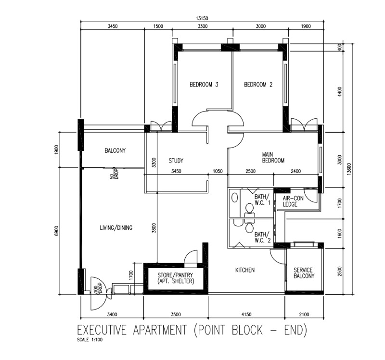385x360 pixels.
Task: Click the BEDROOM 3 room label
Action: pyautogui.click(x=204, y=85)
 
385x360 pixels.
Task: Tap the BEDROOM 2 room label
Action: pyautogui.click(x=258, y=85)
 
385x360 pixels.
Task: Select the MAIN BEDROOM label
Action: pyautogui.click(x=273, y=158)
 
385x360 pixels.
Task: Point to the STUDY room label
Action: pyautogui.click(x=176, y=161)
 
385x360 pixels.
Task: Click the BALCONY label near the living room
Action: pyautogui.click(x=115, y=150)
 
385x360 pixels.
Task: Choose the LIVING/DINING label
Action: pyautogui.click(x=116, y=227)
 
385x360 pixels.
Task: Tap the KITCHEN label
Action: pyautogui.click(x=245, y=270)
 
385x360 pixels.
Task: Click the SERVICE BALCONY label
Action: pyautogui.click(x=304, y=273)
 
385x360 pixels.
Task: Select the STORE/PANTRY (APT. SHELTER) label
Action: pyautogui.click(x=175, y=278)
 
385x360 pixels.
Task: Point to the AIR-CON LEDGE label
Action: pyautogui.click(x=293, y=201)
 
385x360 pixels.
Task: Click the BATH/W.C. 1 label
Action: pyautogui.click(x=262, y=199)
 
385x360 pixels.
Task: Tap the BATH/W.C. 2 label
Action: pyautogui.click(x=262, y=237)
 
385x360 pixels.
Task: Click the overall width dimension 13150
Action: pyautogui.click(x=202, y=18)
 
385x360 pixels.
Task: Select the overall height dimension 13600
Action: pyautogui.click(x=349, y=169)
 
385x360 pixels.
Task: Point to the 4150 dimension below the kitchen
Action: pyautogui.click(x=246, y=314)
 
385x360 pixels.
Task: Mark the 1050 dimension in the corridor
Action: pyautogui.click(x=218, y=171)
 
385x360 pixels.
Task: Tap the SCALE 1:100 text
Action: pyautogui.click(x=90, y=340)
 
